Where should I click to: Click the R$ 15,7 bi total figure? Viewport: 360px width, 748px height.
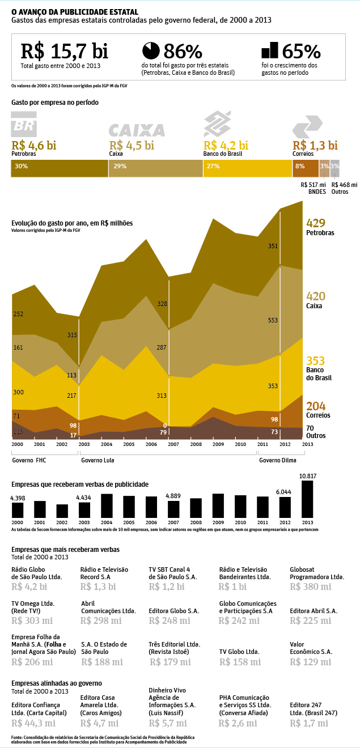coord(64,51)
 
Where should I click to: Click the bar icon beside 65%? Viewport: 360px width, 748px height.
coord(270,50)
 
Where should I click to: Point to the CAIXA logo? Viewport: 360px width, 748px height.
coord(137,130)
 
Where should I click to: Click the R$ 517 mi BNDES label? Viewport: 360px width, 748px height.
coord(313,188)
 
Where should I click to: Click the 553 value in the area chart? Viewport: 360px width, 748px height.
coord(273,321)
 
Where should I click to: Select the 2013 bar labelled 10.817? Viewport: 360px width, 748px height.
coord(307,499)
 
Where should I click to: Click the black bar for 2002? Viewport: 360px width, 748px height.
coord(62,511)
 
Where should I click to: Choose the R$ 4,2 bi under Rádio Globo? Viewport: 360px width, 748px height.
coord(29,586)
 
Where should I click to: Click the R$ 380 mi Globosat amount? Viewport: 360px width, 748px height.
coord(310,586)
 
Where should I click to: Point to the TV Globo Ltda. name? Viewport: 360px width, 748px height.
coord(239,652)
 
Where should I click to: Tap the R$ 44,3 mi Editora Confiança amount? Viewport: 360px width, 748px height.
coord(33,723)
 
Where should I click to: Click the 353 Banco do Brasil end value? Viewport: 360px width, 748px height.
coord(315,361)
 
